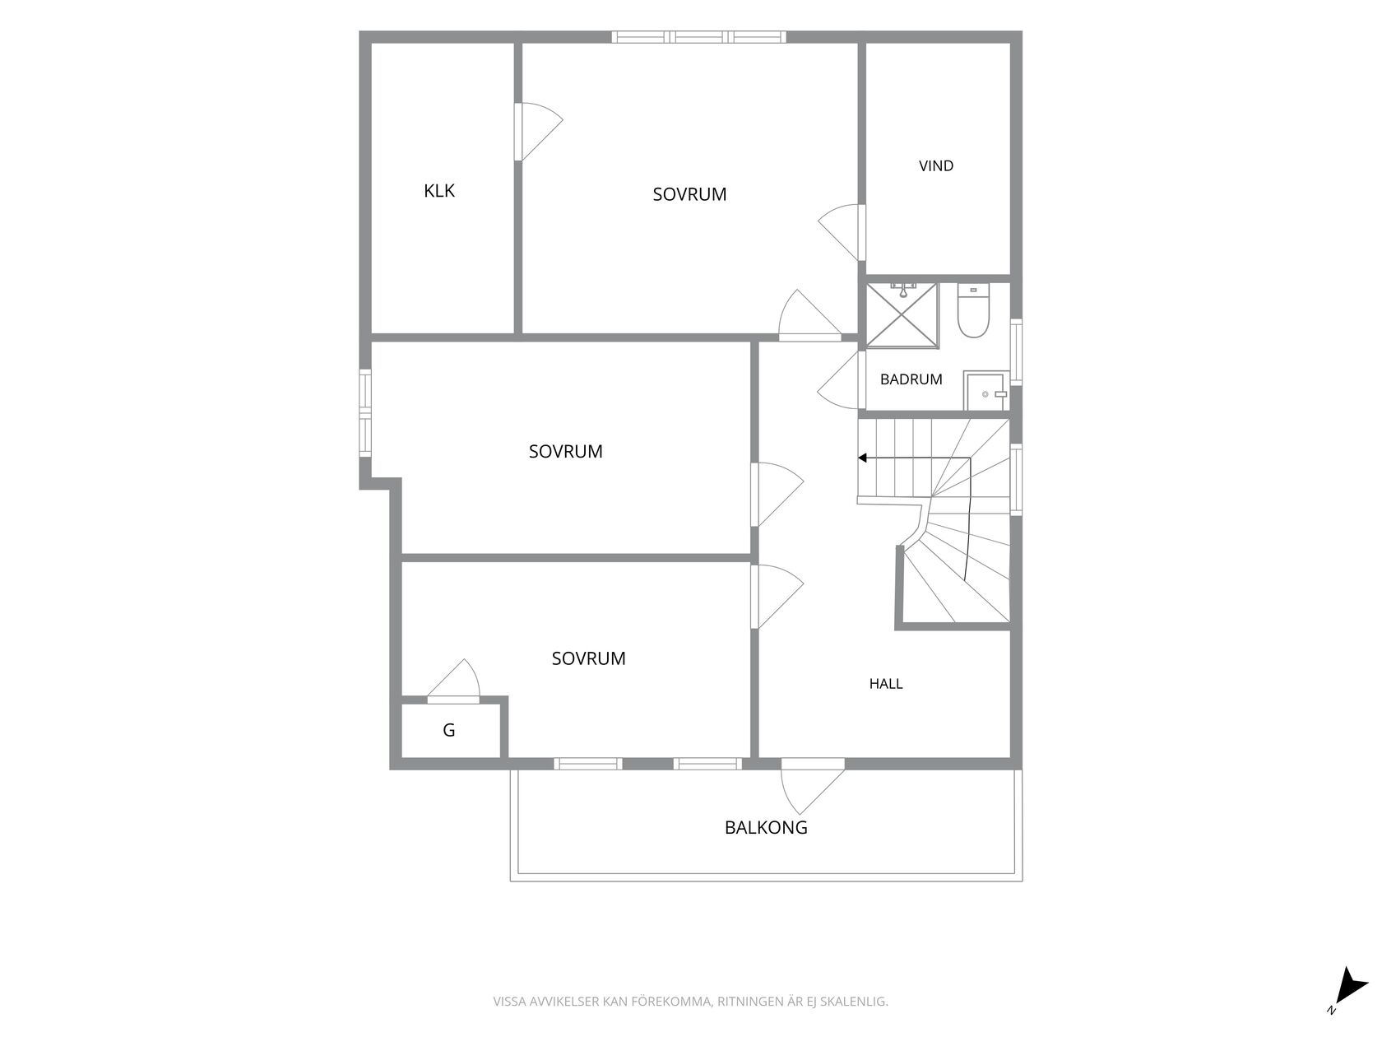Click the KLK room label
pyautogui.click(x=438, y=191)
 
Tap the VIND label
pyautogui.click(x=935, y=166)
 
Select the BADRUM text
pyautogui.click(x=911, y=379)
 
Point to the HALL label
pyautogui.click(x=885, y=684)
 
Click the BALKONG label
pyautogui.click(x=766, y=827)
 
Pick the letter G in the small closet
pyautogui.click(x=448, y=730)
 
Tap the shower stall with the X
pyautogui.click(x=902, y=315)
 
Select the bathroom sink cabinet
pyautogui.click(x=986, y=390)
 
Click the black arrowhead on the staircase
pyautogui.click(x=863, y=458)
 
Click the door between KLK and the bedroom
pyautogui.click(x=538, y=133)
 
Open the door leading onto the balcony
pyautogui.click(x=812, y=786)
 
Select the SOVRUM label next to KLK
pyautogui.click(x=689, y=194)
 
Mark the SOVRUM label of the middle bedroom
pyautogui.click(x=565, y=452)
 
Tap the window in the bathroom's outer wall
pyautogui.click(x=1016, y=352)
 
